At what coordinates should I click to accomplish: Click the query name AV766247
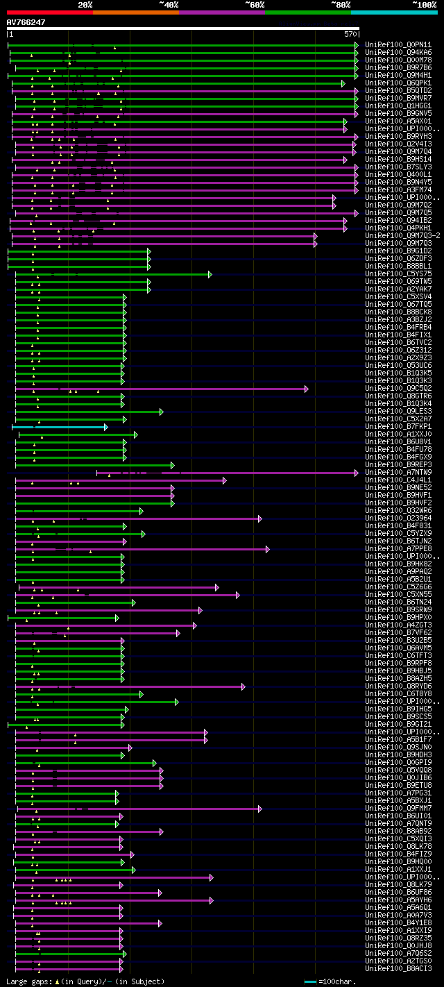pos(26,22)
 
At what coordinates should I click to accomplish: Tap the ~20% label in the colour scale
pos(85,5)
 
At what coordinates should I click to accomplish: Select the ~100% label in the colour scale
pos(424,5)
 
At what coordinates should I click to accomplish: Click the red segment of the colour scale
pos(49,12)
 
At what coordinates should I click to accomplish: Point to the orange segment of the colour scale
pos(135,12)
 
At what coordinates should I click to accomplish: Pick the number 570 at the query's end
pos(350,34)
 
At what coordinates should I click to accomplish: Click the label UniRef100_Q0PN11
pos(398,45)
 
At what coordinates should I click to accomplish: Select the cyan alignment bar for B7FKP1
pos(59,427)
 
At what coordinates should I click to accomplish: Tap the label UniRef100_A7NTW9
pos(398,473)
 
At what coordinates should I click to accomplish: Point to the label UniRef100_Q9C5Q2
pos(398,389)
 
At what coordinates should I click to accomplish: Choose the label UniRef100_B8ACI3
pos(398,969)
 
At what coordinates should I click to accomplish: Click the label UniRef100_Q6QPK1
pos(398,83)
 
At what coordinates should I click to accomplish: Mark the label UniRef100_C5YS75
pos(398,274)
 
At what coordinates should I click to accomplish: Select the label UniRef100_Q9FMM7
pos(398,809)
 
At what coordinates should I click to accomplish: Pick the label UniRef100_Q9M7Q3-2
pos(402,236)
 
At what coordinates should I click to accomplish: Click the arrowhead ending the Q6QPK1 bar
pos(343,83)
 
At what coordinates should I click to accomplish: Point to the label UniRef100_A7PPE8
pos(398,549)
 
